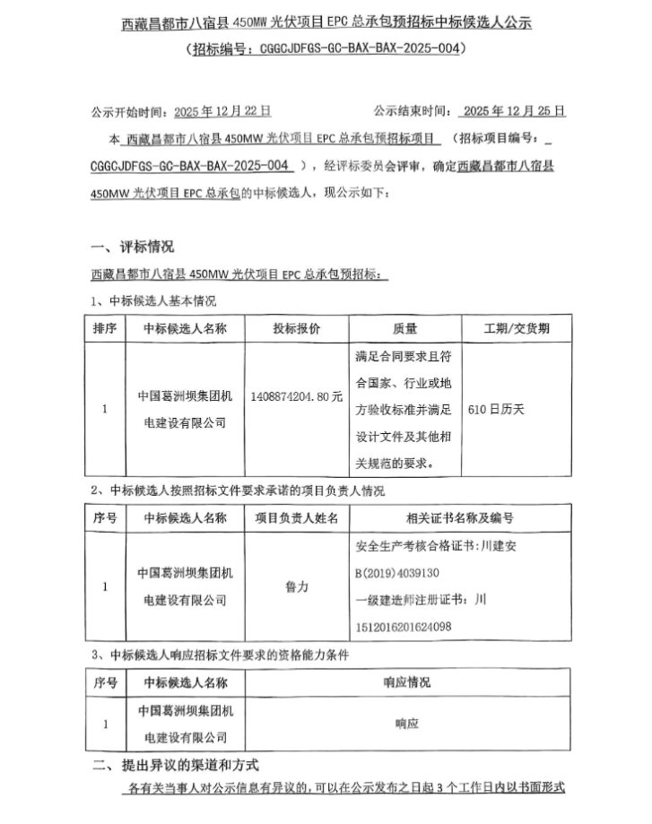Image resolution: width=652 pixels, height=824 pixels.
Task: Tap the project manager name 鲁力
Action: point(296,585)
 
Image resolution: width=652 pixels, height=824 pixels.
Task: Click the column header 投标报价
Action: point(297,328)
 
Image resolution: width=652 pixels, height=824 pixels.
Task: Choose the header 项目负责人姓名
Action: point(296,517)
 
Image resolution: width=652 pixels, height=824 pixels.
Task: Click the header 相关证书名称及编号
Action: point(460,517)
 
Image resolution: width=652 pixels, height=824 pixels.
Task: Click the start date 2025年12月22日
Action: point(222,111)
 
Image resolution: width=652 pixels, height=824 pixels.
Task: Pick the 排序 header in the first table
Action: point(105,328)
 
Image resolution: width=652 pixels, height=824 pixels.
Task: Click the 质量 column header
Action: point(404,328)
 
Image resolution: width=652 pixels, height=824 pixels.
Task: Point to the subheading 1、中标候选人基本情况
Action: point(153,300)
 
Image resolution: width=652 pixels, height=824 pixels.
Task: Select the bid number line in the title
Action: point(326,49)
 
